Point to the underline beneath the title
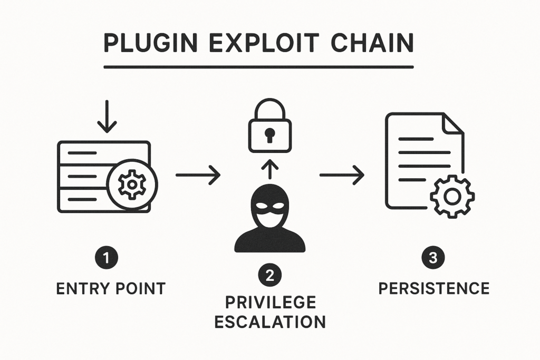[258, 67]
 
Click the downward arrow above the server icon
[107, 117]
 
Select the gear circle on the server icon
[131, 184]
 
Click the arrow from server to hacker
[198, 174]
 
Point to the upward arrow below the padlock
[269, 170]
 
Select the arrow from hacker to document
[342, 174]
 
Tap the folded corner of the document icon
[452, 123]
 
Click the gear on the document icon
[452, 196]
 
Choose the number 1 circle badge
[108, 259]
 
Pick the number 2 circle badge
[269, 276]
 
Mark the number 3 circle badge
[433, 259]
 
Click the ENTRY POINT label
[110, 289]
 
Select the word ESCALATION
[270, 321]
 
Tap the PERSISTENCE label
[434, 289]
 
